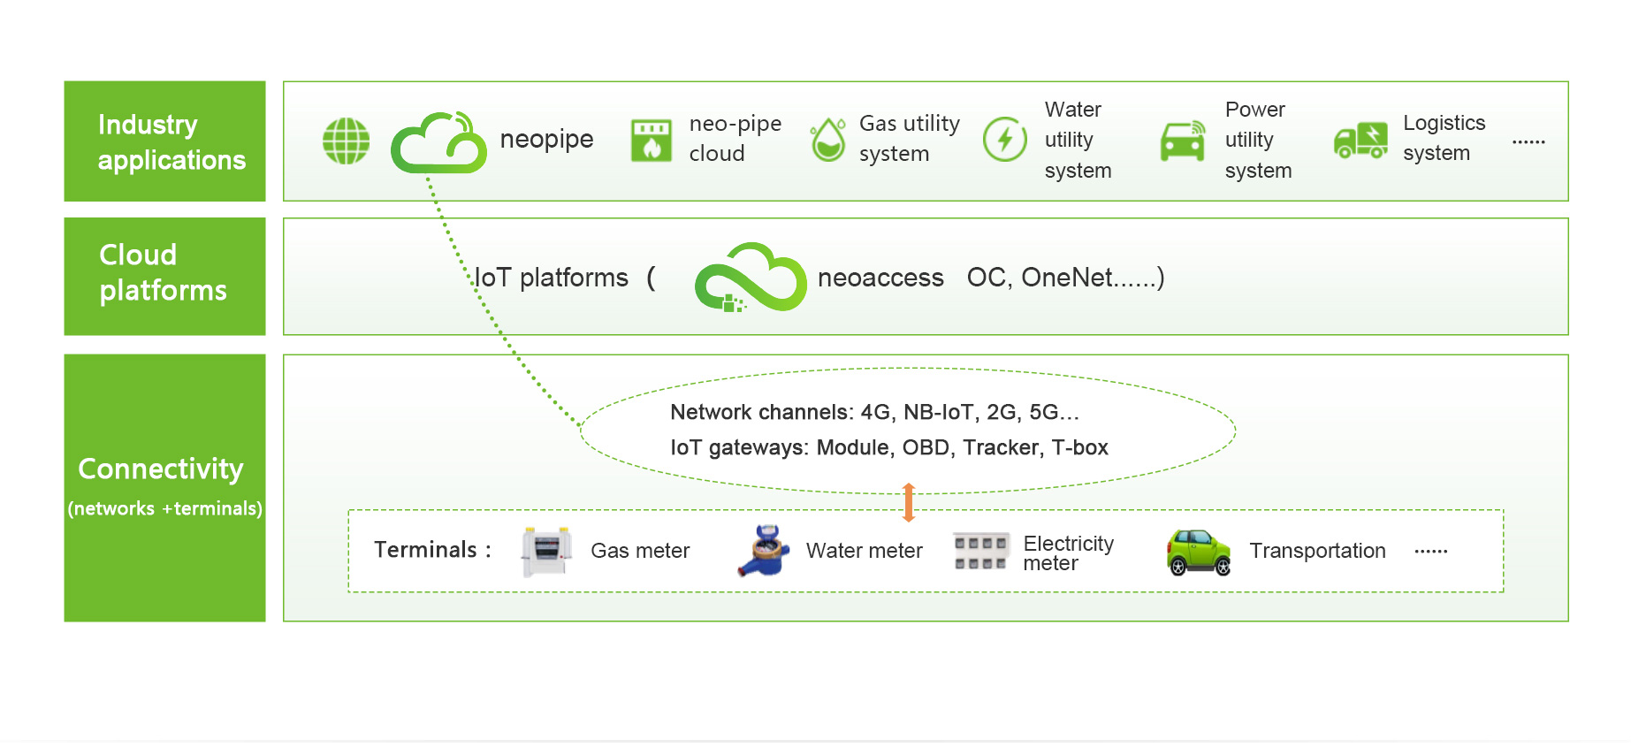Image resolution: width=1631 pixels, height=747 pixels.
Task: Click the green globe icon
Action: tap(346, 141)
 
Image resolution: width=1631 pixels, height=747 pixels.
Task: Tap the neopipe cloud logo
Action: tap(438, 142)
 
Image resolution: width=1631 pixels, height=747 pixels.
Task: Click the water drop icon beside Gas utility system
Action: tap(828, 141)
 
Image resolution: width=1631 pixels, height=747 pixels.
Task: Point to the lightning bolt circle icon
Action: tap(1005, 140)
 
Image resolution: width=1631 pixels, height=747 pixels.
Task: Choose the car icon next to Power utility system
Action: tap(1183, 141)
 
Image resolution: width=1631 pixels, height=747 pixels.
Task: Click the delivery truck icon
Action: tap(1360, 141)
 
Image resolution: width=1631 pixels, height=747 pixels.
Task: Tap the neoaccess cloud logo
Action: tap(751, 277)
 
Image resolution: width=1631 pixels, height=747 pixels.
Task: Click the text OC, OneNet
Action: tap(1064, 278)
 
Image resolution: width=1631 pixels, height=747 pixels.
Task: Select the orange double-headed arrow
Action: tap(908, 502)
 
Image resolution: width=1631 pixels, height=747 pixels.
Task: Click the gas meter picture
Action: tap(546, 552)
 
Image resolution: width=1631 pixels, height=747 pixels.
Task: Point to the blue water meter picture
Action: tap(763, 551)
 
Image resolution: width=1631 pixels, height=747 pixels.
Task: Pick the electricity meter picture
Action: tap(981, 552)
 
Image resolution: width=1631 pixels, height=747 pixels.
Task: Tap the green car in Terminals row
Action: tap(1199, 553)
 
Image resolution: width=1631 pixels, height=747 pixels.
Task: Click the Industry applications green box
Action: tap(164, 141)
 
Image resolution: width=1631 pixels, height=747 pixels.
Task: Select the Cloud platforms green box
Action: tap(164, 277)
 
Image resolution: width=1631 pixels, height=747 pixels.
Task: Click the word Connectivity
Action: tap(161, 469)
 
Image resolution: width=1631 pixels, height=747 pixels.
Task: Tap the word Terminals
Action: tap(425, 550)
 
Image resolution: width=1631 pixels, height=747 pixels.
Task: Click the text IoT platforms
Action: tap(552, 278)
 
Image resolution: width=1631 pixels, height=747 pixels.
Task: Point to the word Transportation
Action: tap(1317, 551)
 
